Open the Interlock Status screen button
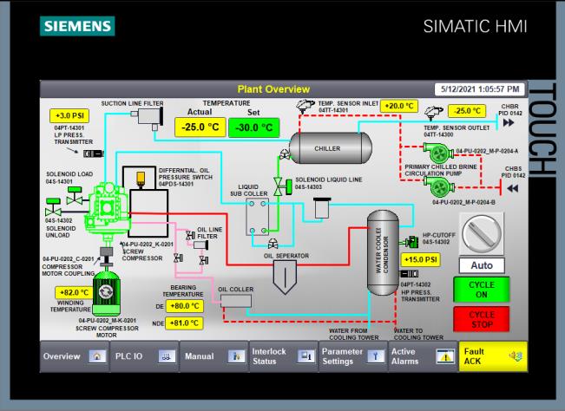(281, 356)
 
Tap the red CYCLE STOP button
(488, 319)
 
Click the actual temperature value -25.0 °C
(200, 127)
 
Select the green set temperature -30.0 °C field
(254, 127)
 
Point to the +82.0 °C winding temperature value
(74, 292)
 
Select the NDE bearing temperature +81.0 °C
(185, 323)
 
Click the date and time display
(480, 89)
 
